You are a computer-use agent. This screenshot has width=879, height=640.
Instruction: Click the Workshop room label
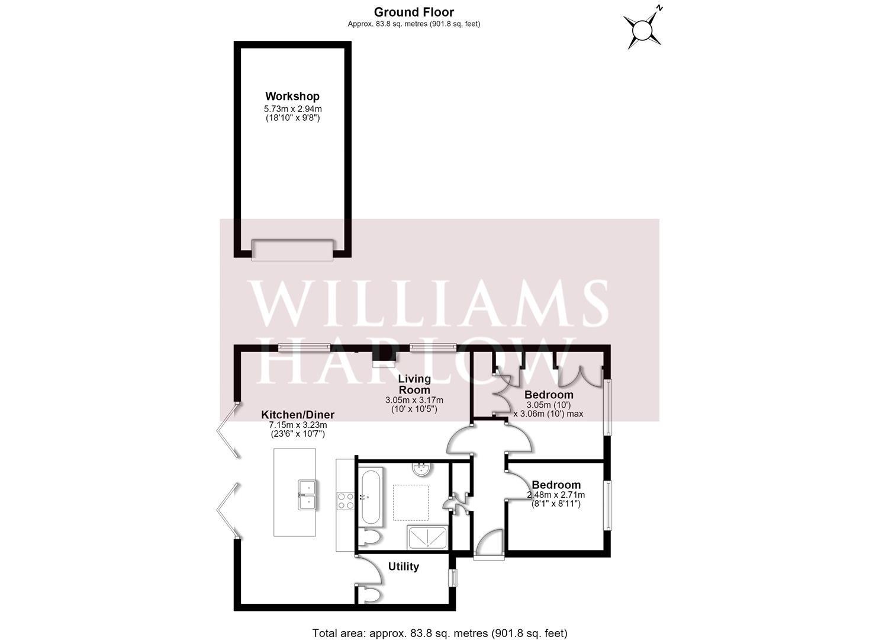tap(292, 96)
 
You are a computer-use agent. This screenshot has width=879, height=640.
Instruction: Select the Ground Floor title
tap(414, 12)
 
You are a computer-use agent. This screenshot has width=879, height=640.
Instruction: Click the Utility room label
tap(404, 567)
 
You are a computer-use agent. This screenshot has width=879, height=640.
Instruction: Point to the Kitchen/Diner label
tap(298, 414)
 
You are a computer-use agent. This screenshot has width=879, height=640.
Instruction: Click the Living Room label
tap(414, 384)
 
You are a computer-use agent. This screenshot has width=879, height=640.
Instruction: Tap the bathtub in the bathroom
tap(371, 497)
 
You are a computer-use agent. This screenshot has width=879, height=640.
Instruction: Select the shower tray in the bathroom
tap(427, 537)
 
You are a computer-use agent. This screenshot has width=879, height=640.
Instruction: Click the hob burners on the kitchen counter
tap(345, 501)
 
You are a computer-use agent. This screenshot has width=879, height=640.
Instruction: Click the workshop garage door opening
tap(292, 250)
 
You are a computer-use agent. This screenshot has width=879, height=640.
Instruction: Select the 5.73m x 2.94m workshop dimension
tap(293, 109)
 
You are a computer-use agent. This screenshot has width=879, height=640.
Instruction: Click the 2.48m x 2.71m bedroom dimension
tap(556, 495)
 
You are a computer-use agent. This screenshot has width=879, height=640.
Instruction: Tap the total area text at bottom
tap(439, 633)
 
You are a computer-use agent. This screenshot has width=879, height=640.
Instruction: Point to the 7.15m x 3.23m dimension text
tap(298, 425)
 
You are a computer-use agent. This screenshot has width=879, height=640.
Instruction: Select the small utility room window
tap(453, 578)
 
